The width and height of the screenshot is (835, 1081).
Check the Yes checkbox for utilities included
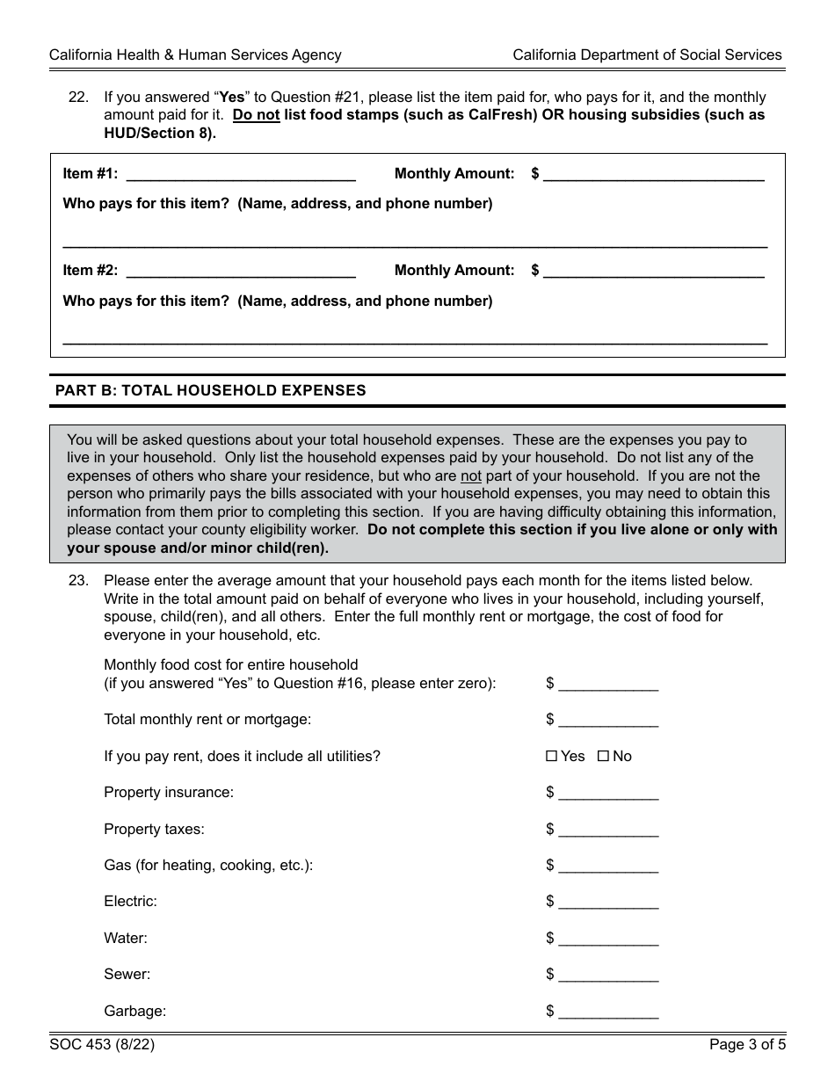551,756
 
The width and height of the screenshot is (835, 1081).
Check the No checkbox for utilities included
603,756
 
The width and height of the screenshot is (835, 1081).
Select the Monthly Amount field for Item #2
653,271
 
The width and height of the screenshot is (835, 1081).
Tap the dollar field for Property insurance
608,793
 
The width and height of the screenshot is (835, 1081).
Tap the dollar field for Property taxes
608,830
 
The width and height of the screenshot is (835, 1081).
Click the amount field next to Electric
608,902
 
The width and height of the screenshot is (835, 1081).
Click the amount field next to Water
608,939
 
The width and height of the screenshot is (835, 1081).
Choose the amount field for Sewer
608,975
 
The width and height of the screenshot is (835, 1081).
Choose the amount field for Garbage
608,1012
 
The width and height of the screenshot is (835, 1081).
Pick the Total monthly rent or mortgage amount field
608,720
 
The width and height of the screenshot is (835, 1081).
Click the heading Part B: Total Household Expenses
211,390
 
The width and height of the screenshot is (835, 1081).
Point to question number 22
78,98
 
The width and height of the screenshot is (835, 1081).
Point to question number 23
78,581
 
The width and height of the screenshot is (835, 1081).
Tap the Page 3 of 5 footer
747,1045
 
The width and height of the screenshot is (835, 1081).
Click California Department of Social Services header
647,54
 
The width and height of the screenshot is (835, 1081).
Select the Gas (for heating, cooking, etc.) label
208,866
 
